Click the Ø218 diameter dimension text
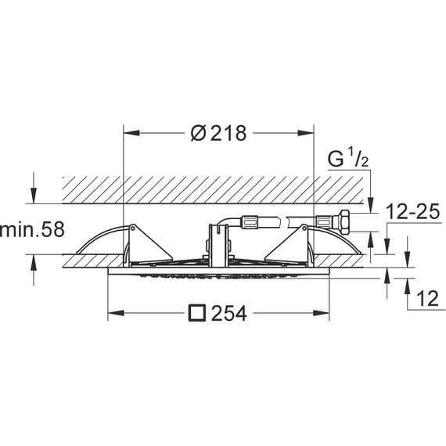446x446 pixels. pos(218,133)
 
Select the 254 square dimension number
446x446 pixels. pos(228,314)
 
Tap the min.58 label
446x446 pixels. pos(32,229)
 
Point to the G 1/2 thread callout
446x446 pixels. pos(348,159)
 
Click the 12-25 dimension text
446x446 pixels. pos(413,211)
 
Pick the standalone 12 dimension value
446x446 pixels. pos(427,299)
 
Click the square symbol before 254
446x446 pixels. pos(197,313)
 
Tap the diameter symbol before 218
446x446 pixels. pos(200,133)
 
